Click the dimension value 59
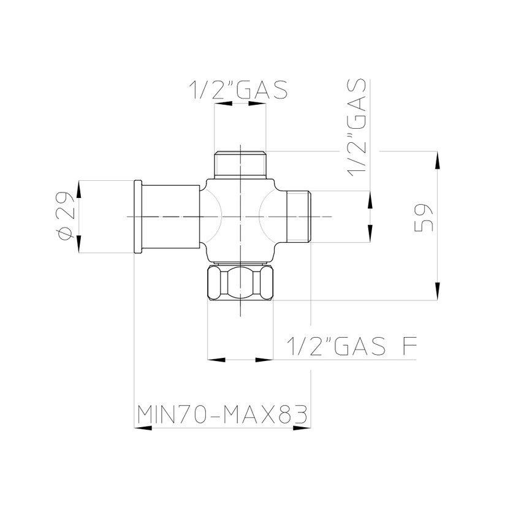[424, 216]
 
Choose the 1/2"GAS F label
[353, 348]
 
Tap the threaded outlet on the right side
[299, 216]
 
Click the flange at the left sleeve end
[139, 216]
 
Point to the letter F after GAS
[410, 348]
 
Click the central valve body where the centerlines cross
[240, 216]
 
